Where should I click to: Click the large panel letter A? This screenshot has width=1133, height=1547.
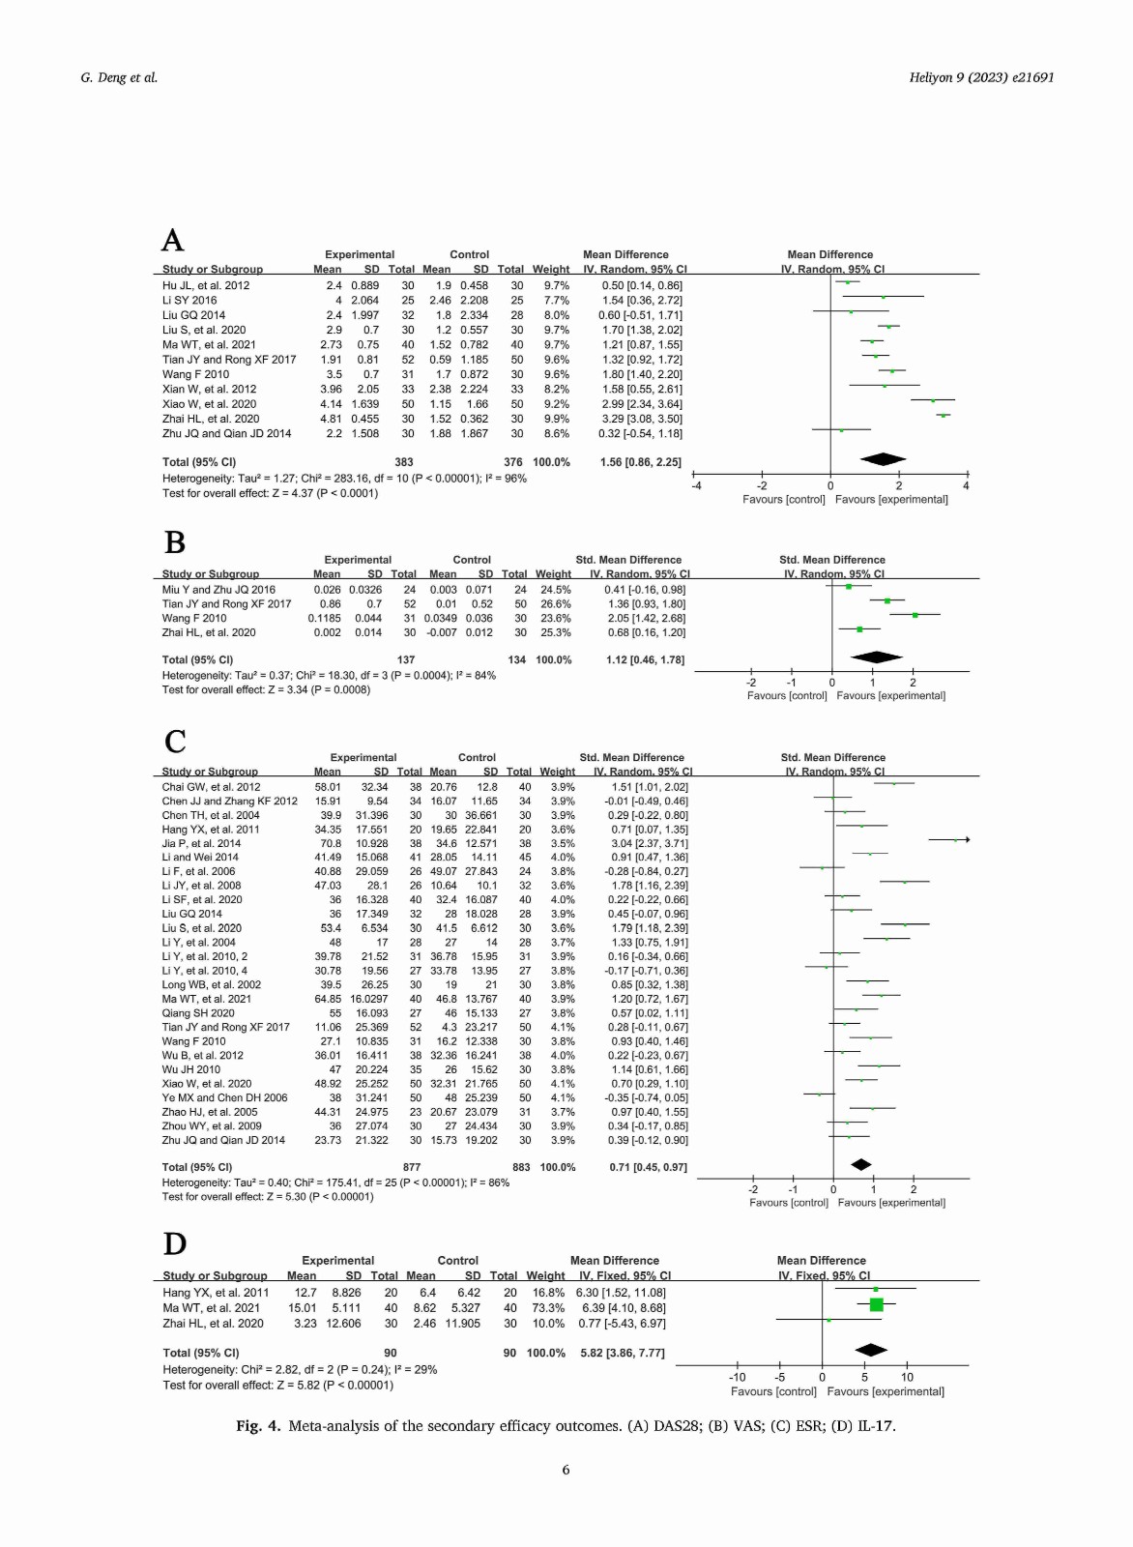pos(173,241)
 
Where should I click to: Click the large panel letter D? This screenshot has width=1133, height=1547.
pos(175,1243)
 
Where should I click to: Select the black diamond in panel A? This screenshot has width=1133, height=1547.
pos(883,458)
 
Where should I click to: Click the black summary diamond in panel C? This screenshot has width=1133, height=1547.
pos(861,1164)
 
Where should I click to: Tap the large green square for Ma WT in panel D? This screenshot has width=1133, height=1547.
pos(876,1304)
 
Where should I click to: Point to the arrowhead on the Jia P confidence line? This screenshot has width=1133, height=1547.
pos(968,840)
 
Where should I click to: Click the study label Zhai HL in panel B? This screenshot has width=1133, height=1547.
pos(209,632)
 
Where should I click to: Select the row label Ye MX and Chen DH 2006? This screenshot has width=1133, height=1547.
pos(224,1097)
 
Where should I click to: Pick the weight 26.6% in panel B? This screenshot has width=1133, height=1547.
pos(556,603)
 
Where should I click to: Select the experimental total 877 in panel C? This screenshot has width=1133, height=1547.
pos(412,1167)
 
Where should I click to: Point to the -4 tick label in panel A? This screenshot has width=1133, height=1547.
pos(696,486)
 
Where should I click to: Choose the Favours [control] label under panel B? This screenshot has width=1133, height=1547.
pos(786,695)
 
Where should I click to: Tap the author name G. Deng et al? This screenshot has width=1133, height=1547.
pos(119,77)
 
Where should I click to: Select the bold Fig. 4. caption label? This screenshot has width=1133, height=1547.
pos(258,1425)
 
